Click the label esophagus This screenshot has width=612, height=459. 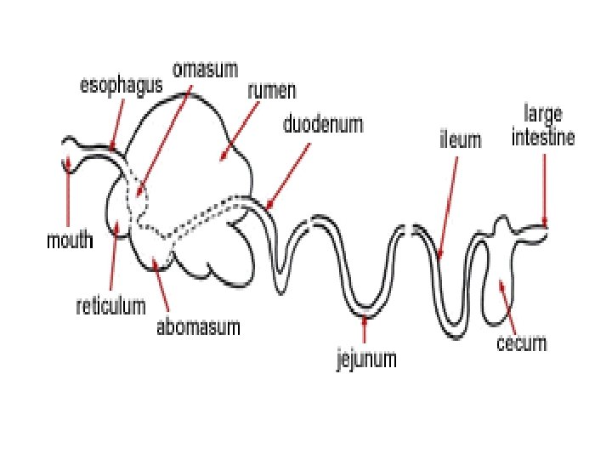pos(122,86)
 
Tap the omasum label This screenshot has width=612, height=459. pos(205,69)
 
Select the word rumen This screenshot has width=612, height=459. pos(266,89)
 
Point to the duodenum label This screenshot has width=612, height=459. pos(323,125)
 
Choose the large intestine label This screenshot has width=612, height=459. pos(544,127)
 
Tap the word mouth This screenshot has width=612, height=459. pos(69,241)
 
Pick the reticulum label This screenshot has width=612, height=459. pos(110,304)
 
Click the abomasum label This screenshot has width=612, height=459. pos(198,326)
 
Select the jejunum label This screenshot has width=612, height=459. pos(365,359)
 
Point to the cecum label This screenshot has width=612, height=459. pos(521,343)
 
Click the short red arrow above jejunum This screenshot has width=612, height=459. pos(365,330)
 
